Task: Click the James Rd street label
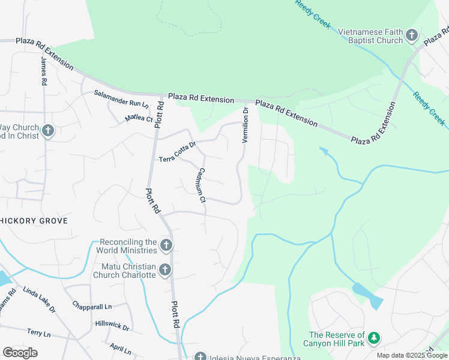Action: coord(43,70)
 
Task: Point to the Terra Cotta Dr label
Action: coord(177,152)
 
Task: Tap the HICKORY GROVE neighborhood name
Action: coord(34,221)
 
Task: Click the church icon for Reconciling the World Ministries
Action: coord(167,245)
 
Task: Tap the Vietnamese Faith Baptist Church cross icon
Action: coord(412,35)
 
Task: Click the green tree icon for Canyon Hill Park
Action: coord(375,339)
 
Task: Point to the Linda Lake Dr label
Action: coord(39,300)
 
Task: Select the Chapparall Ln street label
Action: coord(92,305)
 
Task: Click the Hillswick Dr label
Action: coord(112,326)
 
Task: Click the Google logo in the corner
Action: coord(20,353)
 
